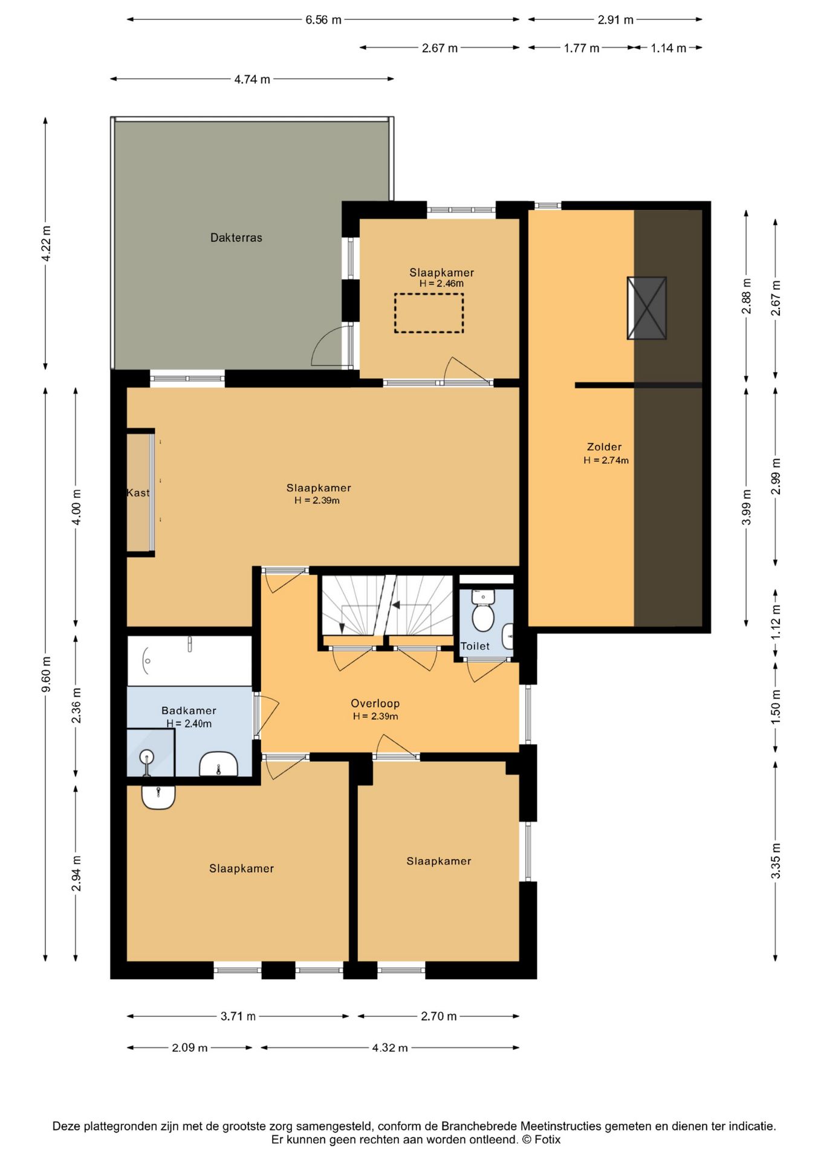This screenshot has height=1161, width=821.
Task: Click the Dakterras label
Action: (x=236, y=238)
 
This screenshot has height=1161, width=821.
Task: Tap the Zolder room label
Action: (x=604, y=447)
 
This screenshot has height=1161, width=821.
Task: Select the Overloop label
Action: (x=375, y=703)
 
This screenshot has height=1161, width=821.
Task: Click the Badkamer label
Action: (x=189, y=711)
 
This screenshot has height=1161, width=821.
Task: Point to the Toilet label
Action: (x=475, y=646)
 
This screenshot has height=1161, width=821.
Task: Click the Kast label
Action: (x=138, y=493)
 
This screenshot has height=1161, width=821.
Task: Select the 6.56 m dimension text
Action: (x=323, y=20)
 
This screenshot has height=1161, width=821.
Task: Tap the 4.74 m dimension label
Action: (x=252, y=79)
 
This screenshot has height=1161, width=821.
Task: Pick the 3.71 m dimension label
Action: (x=238, y=1016)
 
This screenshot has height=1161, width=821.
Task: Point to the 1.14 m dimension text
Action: (x=669, y=48)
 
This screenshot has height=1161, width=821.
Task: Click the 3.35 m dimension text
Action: (x=776, y=860)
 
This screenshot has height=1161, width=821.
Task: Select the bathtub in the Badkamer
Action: (x=189, y=660)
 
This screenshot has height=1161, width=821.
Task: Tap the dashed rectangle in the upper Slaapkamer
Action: (x=429, y=313)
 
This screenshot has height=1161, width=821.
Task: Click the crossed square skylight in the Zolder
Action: (x=647, y=308)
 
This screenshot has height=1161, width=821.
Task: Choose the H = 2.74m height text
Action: (x=606, y=460)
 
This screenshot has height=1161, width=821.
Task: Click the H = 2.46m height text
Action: (x=441, y=284)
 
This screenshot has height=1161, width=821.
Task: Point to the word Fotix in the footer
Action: (x=547, y=1140)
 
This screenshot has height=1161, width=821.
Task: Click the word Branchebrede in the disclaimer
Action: (x=479, y=1126)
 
